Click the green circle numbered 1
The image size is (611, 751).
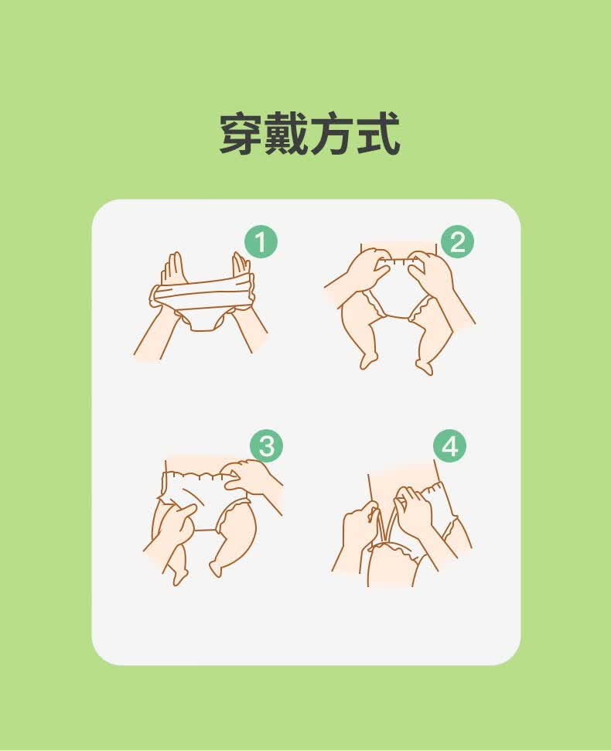coord(261,242)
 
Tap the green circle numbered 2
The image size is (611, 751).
coord(457,242)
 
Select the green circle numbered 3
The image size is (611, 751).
coord(267,446)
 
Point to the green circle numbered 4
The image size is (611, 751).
coord(449,446)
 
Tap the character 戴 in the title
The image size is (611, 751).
coord(286,134)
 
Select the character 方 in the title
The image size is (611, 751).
coord(332,134)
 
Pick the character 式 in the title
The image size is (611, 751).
coord(377,134)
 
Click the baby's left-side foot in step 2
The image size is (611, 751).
coord(368,359)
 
